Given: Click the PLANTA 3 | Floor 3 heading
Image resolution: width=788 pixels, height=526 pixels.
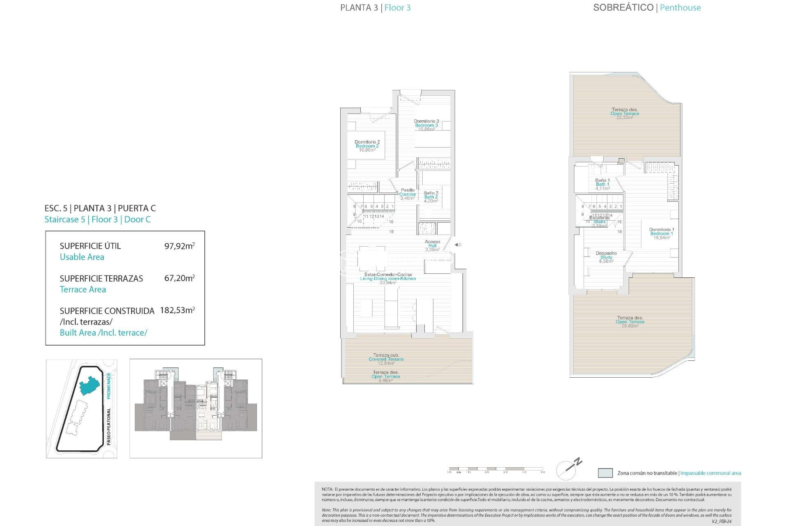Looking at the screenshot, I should [x=375, y=8].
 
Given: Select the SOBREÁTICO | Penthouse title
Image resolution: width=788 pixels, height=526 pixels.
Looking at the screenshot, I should [x=647, y=8].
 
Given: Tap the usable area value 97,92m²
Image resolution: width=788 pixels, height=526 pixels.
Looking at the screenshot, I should [x=179, y=246].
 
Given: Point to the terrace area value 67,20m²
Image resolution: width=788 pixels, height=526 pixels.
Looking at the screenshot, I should [x=179, y=278].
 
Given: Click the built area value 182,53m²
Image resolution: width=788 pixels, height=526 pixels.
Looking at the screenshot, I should [x=177, y=310].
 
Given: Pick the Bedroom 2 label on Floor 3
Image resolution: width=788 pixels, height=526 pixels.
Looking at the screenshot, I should [x=367, y=146].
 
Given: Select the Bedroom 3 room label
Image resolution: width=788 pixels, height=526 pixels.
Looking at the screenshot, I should [x=426, y=125].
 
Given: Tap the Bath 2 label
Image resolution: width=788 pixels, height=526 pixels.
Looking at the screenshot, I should [x=431, y=197].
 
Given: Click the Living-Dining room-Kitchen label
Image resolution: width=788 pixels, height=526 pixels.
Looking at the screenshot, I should [x=388, y=279].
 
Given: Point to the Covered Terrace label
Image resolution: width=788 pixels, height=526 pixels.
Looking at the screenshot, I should [x=386, y=359].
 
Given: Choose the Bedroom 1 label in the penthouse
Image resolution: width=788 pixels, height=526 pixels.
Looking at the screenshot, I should [x=661, y=233].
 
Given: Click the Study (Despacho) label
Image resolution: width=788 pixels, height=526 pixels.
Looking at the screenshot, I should [x=606, y=257].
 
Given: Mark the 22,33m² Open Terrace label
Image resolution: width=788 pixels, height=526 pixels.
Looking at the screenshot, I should [x=624, y=114].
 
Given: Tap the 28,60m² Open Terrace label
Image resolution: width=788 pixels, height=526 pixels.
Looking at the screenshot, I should [x=630, y=322].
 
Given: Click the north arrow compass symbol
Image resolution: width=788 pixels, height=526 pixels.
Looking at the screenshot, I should [x=569, y=468].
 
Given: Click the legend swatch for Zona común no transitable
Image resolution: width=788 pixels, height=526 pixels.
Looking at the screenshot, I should [x=605, y=473].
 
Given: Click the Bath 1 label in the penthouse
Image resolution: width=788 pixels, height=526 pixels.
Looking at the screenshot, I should [x=602, y=184].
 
